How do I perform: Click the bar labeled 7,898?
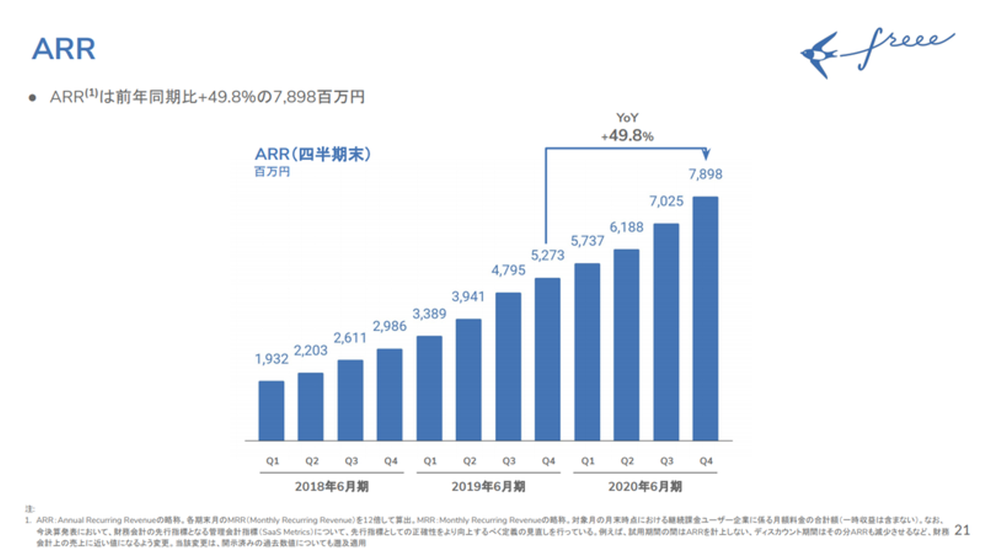click(705, 319)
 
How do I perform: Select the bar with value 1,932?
click(271, 410)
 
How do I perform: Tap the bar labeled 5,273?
click(547, 359)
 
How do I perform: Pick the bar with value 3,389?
click(428, 388)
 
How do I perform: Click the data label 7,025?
click(666, 202)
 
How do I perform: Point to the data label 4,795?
click(508, 270)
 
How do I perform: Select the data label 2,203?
click(310, 351)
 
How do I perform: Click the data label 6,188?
click(626, 227)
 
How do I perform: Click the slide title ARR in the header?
click(64, 50)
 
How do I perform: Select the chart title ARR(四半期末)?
click(313, 155)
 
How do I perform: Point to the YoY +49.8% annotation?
click(627, 128)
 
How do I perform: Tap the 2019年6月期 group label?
click(489, 487)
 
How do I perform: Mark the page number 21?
click(962, 530)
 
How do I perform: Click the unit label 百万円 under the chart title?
click(272, 172)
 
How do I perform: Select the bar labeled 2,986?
click(389, 394)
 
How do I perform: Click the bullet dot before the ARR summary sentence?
click(32, 98)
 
